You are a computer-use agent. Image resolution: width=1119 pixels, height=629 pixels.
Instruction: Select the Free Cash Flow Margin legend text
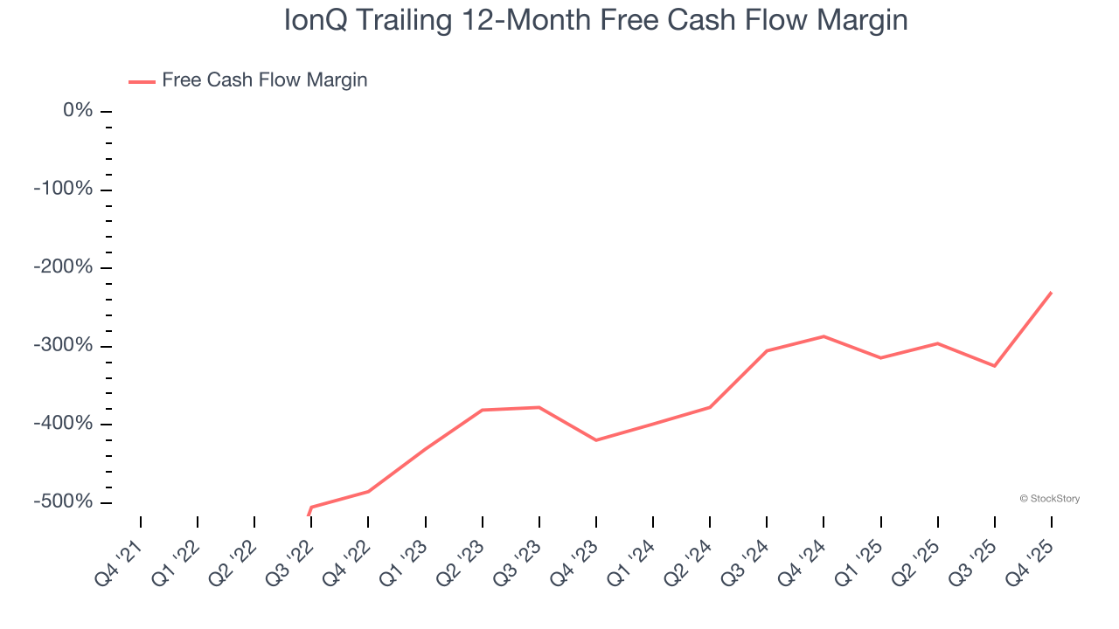264,80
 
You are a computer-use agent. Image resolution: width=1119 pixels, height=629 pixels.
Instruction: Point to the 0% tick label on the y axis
78,111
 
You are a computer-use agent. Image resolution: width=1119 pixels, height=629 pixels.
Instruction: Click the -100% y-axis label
63,190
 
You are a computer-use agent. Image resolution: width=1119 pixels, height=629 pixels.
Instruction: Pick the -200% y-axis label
63,267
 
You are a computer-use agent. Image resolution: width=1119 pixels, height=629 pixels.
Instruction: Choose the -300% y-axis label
63,345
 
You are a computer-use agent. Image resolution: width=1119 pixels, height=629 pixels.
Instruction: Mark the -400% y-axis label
63,424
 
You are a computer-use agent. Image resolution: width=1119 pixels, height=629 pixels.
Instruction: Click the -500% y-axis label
63,501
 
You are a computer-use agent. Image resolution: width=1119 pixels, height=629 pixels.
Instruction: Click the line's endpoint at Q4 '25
1051,293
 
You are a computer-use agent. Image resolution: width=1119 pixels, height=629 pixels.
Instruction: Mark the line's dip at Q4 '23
596,440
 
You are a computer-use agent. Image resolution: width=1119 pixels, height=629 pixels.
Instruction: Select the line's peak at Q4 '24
824,336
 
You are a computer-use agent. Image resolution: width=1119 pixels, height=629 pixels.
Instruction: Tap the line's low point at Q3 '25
994,366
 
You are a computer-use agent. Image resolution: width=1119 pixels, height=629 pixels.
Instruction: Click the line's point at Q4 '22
368,492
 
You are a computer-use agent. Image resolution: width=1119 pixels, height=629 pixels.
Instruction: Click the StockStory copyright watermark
1049,499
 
